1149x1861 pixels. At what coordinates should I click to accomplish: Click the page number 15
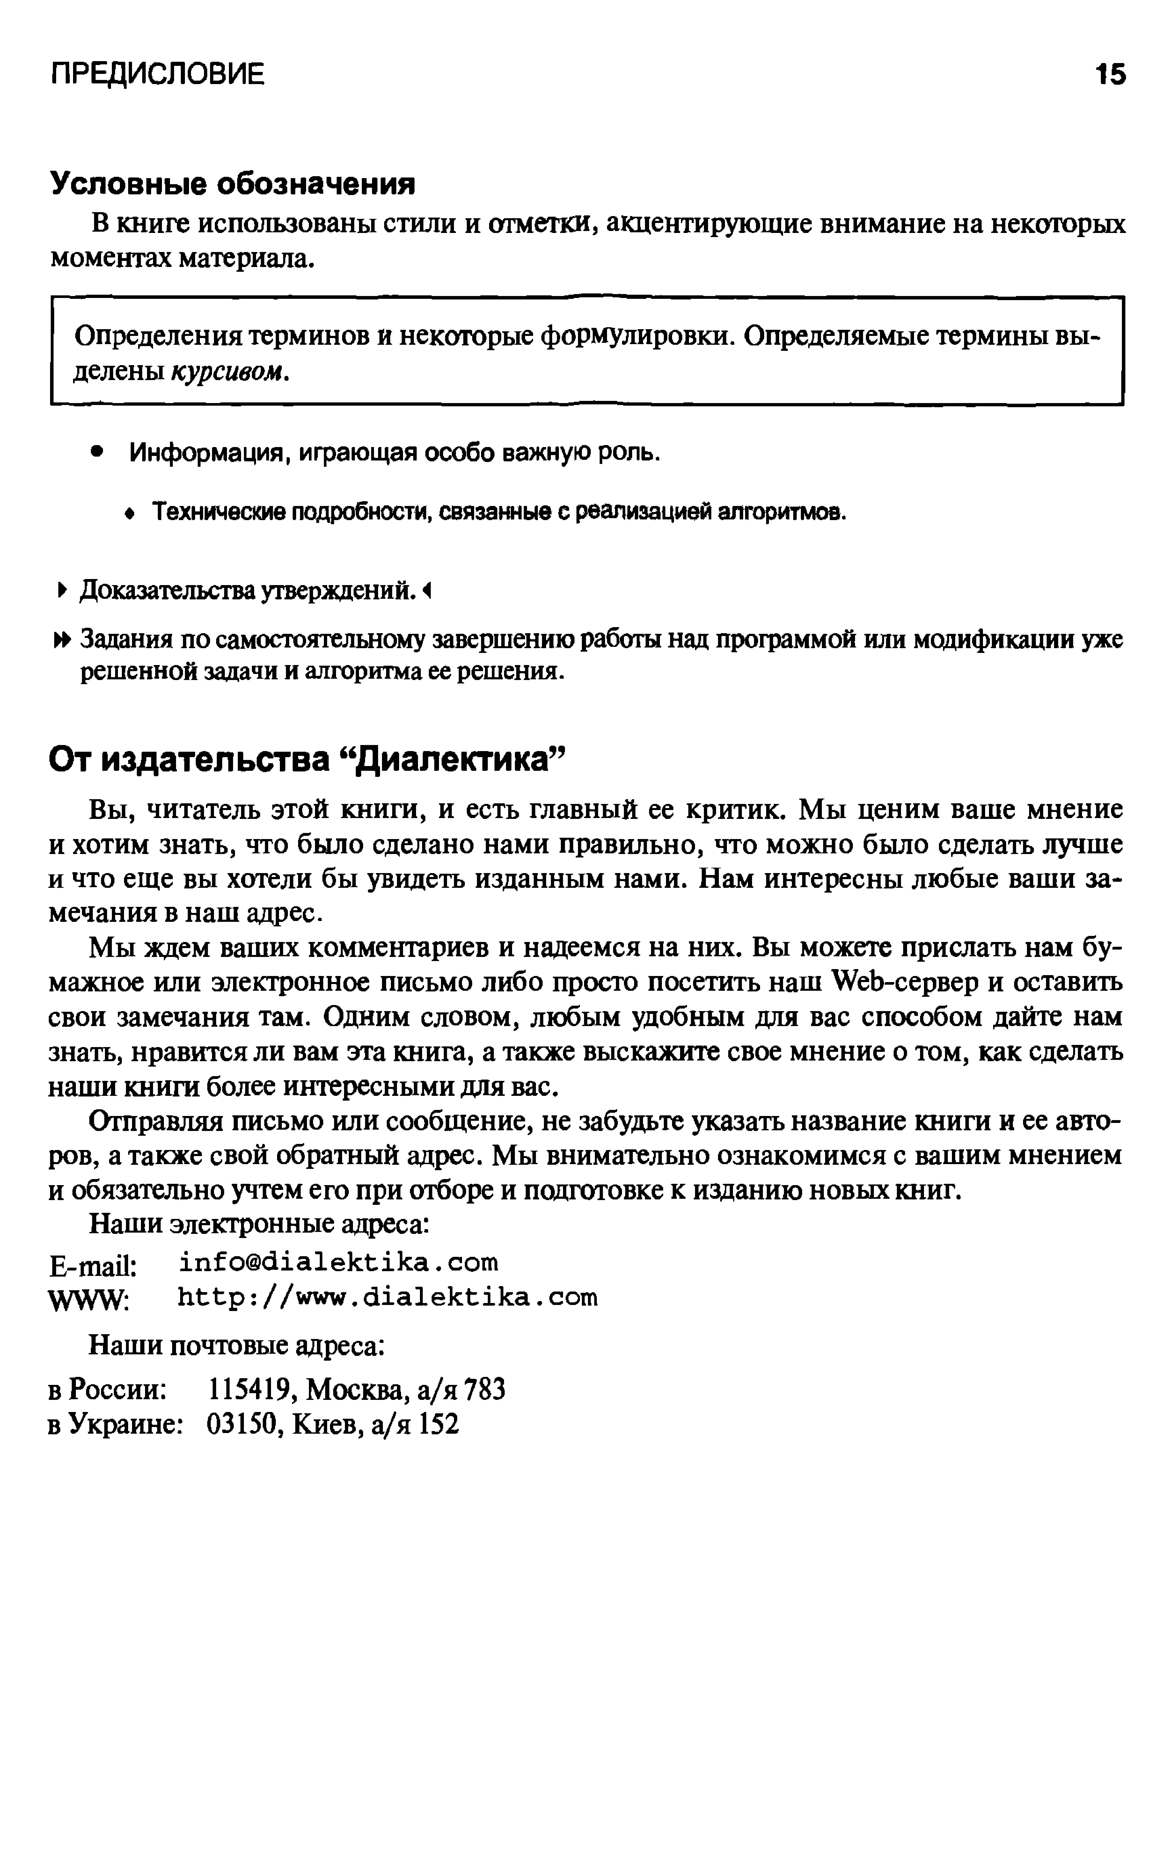(1110, 75)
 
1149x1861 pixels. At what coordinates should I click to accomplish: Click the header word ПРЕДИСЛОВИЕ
(157, 75)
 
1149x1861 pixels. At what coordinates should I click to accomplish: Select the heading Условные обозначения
(233, 184)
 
